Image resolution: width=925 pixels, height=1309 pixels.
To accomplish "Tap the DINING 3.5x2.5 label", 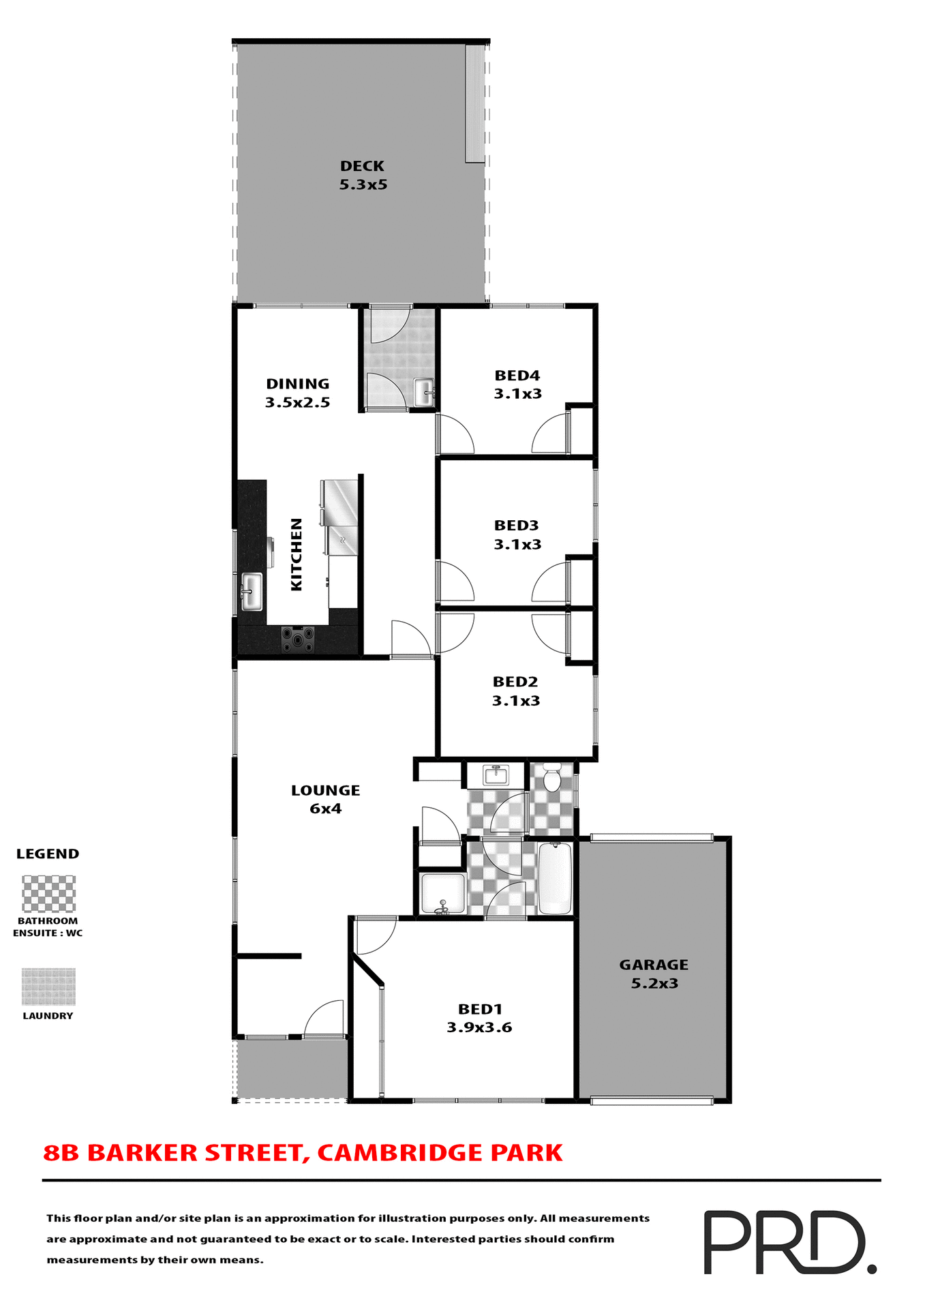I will pos(297,393).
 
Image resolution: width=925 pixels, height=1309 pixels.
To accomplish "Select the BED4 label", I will pos(517,376).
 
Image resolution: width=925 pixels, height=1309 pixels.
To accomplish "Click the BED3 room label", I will pos(516,526).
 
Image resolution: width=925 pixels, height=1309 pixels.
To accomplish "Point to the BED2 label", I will pos(515,682).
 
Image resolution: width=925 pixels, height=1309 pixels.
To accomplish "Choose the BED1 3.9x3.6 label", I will pos(479,1018).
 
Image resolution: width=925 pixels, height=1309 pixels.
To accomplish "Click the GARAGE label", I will pos(654,965).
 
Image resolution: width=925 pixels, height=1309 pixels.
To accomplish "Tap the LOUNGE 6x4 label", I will pos(325,799).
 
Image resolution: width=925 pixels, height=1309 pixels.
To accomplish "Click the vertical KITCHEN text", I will pos(297,554).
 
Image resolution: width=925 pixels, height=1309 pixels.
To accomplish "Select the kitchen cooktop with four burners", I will pos(298,640).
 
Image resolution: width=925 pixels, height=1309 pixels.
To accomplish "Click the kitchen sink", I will pos(252,592).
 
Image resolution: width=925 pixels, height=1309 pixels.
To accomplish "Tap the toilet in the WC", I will pos(551,778).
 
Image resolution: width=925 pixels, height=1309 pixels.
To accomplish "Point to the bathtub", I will pos(555,878).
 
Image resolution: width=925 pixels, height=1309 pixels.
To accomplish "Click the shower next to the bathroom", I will pos(442,893).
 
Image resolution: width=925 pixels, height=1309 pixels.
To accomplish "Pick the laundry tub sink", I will pos(423,392).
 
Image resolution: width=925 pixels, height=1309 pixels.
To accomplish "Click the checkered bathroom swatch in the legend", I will pos(48,893).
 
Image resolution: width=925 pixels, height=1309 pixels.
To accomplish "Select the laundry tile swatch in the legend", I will pos(48,987).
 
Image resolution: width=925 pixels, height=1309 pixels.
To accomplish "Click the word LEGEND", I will pos(48,854).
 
